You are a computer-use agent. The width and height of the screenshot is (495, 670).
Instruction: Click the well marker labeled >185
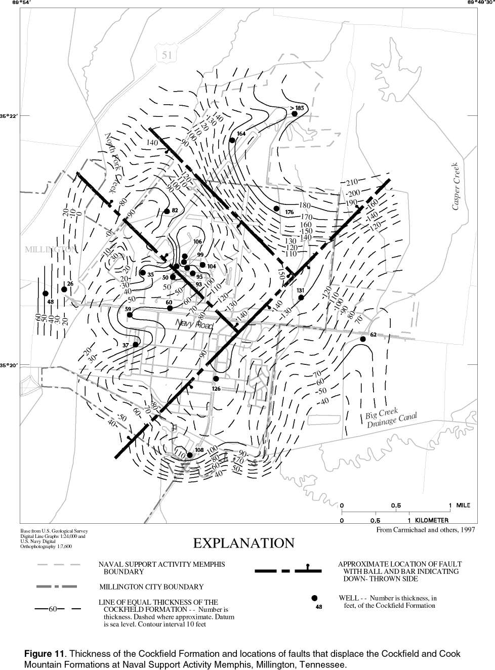pyautogui.click(x=295, y=114)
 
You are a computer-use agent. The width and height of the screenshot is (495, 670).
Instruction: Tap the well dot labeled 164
pyautogui.click(x=232, y=140)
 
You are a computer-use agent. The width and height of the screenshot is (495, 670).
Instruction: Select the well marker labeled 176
pyautogui.click(x=276, y=208)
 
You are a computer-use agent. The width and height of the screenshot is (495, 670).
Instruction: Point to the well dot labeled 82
pyautogui.click(x=167, y=211)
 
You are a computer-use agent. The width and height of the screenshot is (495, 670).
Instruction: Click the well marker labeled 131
pyautogui.click(x=301, y=298)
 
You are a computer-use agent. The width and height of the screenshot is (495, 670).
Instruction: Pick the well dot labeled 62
pyautogui.click(x=363, y=339)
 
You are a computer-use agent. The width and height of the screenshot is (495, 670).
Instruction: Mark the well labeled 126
pyautogui.click(x=216, y=379)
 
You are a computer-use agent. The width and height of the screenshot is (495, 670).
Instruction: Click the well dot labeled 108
pyautogui.click(x=190, y=455)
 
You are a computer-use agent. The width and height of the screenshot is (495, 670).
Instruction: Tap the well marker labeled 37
pyautogui.click(x=135, y=345)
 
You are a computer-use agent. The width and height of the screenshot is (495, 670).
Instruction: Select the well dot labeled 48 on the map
pyautogui.click(x=45, y=294)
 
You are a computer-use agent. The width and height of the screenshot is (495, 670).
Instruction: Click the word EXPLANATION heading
pyautogui.click(x=243, y=543)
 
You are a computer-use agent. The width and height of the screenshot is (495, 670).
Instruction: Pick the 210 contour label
pyautogui.click(x=352, y=182)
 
